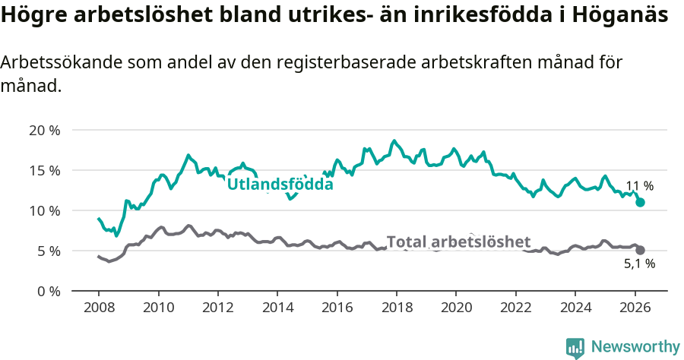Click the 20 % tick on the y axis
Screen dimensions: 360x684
44,130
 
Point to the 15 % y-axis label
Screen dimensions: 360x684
44,170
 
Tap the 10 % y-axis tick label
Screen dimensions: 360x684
44,210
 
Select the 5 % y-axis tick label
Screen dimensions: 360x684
47,251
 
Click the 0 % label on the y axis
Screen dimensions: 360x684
47,291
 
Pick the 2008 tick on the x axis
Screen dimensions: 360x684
99,309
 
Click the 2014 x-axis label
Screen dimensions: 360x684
277,309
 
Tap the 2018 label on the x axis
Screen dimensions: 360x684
397,309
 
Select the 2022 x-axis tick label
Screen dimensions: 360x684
515,309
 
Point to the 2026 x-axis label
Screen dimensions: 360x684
635,309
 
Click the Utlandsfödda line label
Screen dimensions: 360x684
280,183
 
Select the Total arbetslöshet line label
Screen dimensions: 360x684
458,242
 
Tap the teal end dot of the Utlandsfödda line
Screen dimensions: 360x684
641,202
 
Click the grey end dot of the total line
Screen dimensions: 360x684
641,250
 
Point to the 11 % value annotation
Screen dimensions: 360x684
639,186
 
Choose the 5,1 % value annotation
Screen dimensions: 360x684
639,264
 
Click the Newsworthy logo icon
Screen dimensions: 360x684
575,347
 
